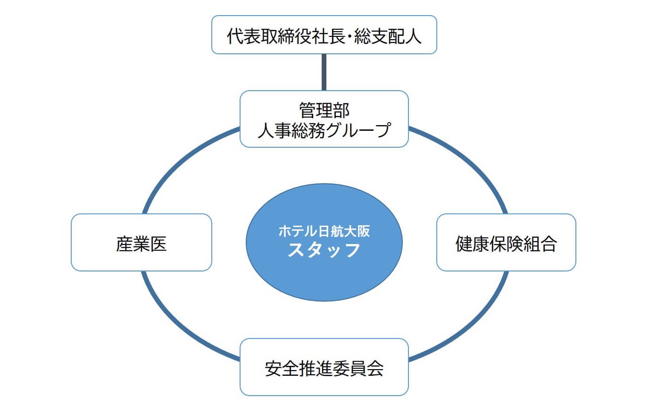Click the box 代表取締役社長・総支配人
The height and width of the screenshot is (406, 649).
tap(324, 35)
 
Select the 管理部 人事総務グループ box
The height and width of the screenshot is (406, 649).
tap(324, 119)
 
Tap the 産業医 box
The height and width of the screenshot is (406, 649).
tap(141, 242)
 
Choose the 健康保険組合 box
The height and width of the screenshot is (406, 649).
tap(506, 242)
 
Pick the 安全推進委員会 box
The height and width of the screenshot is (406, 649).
tap(324, 367)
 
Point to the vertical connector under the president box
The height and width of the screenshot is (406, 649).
tap(324, 72)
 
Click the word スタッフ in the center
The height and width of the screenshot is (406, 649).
tap(324, 250)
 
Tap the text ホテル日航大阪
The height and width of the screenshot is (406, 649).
tap(324, 231)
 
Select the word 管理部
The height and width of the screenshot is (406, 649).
tap(324, 110)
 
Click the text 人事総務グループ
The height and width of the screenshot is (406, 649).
tap(324, 129)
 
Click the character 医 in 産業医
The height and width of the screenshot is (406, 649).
tap(158, 243)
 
